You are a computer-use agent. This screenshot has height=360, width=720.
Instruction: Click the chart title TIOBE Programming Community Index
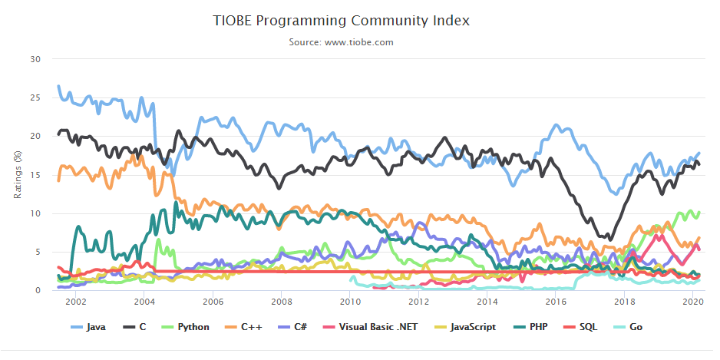[x=341, y=21]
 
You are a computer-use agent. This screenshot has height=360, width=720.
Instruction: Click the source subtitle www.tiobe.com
[x=341, y=42]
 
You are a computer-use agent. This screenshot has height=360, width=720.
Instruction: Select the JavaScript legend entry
[x=461, y=327]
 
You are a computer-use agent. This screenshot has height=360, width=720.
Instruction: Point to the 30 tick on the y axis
[x=35, y=59]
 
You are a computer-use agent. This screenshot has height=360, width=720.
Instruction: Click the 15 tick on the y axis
[x=35, y=175]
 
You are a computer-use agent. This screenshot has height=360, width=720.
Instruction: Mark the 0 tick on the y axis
[x=38, y=291]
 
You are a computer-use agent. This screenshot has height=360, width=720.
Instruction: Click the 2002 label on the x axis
[x=75, y=302]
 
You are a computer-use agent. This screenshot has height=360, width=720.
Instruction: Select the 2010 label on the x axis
[x=350, y=302]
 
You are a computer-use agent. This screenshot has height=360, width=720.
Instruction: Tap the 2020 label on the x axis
[x=694, y=302]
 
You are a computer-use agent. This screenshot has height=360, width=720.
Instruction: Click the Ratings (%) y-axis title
[x=16, y=175]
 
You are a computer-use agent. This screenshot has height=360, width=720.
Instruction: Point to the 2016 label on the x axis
[x=557, y=302]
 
